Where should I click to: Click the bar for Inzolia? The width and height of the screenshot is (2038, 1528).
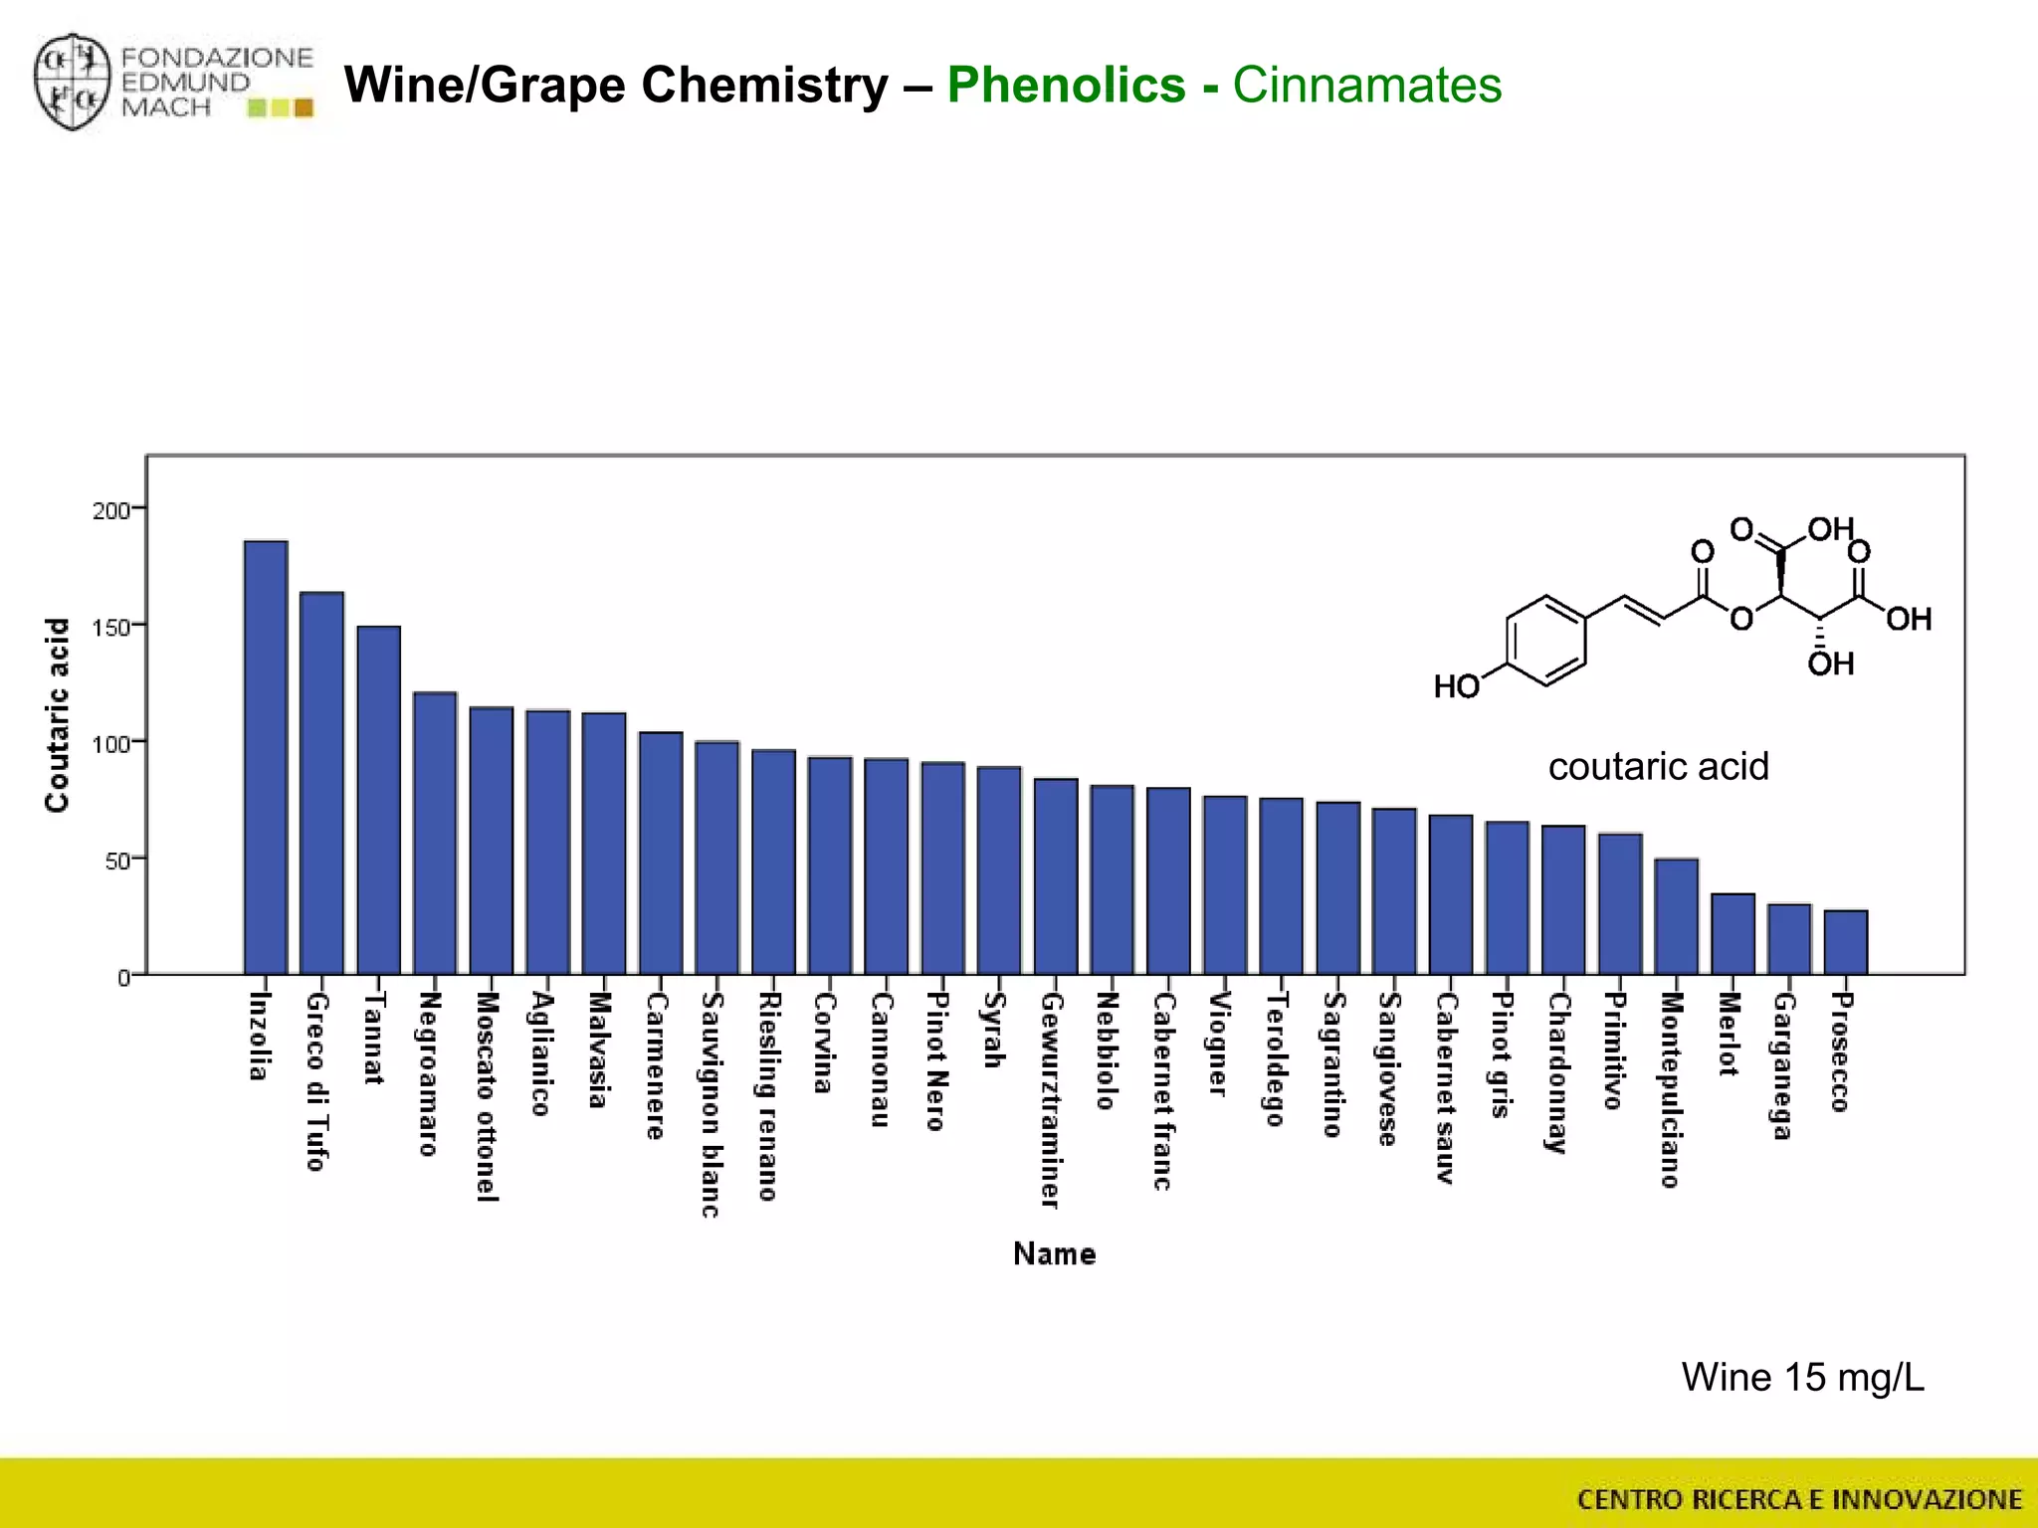pos(266,758)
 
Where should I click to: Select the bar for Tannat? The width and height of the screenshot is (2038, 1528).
pos(378,800)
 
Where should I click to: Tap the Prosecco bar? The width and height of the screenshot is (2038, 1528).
pos(1846,942)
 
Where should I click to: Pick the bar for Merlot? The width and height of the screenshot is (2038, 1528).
pos(1732,934)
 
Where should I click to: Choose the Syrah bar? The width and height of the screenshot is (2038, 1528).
pos(999,870)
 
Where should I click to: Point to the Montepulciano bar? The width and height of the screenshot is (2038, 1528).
pos(1677,916)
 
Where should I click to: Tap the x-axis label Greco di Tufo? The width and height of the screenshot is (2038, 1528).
pos(316,1081)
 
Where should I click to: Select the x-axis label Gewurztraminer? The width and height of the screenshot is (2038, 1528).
pos(1050,1100)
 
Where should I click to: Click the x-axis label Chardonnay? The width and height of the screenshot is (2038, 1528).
pos(1557,1072)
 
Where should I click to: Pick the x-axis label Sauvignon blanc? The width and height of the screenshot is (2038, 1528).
pos(711,1104)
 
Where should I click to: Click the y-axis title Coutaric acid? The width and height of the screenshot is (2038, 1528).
pos(58,715)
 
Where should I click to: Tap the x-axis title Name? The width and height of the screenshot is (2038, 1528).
pos(1054,1253)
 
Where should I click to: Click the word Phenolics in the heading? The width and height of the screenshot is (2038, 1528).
pos(1066,86)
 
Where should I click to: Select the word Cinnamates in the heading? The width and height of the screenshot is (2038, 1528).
pos(1367,86)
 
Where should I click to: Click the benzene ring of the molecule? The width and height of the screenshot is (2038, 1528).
pos(1545,641)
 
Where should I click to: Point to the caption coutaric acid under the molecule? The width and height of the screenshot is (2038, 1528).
pos(1658,767)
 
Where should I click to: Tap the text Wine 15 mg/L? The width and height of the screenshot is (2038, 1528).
pos(1802,1378)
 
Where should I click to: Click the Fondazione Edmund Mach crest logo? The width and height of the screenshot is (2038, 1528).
pos(72,84)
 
